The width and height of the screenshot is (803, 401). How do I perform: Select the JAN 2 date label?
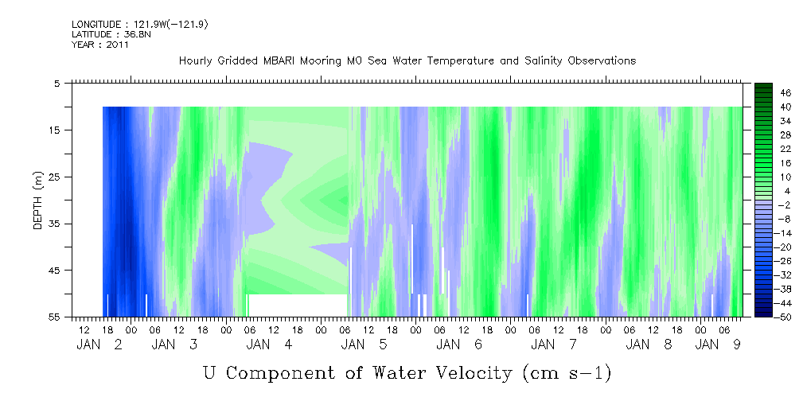99,345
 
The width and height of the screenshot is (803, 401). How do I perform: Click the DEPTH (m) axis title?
38,200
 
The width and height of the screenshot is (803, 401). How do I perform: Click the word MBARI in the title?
280,61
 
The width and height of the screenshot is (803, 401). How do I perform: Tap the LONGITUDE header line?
140,25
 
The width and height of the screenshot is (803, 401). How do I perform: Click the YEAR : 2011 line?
100,45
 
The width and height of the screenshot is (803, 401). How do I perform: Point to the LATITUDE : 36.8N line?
111,34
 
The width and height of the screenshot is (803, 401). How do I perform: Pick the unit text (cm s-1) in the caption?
567,373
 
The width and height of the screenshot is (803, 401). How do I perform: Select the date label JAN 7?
555,345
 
